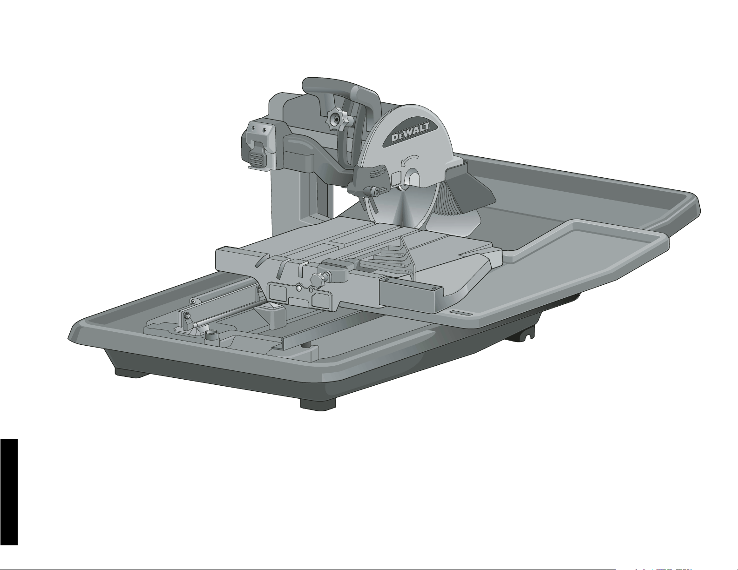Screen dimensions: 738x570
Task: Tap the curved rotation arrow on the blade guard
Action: click(x=409, y=161)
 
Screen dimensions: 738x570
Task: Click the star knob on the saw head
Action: click(x=337, y=119)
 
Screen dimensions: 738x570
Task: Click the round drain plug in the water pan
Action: click(x=212, y=335)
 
